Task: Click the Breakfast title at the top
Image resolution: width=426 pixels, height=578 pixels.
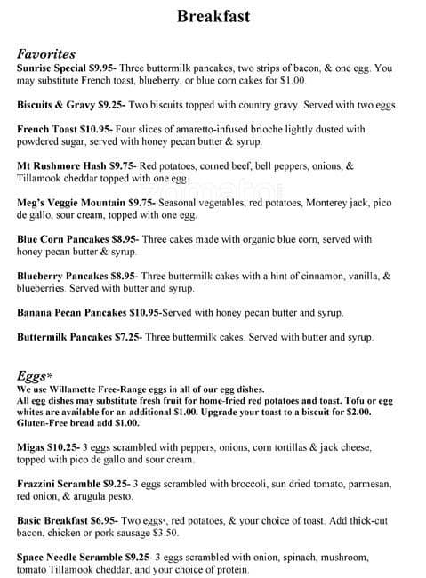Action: (213, 16)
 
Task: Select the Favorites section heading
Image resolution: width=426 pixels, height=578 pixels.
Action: (46, 53)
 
